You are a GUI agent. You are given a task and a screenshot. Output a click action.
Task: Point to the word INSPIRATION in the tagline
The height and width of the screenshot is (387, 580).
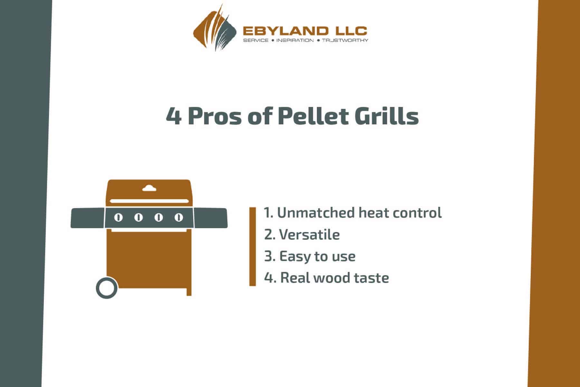coord(295,40)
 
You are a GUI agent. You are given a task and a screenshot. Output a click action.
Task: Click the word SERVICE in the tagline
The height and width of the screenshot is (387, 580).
coord(256,40)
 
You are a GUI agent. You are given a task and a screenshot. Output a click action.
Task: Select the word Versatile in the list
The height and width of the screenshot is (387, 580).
coord(309,235)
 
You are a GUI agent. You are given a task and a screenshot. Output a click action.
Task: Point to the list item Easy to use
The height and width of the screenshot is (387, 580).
coord(310,256)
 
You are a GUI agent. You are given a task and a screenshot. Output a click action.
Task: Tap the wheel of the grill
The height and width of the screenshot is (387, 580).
coord(107,288)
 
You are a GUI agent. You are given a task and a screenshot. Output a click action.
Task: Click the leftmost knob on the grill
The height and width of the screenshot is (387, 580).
coord(119,218)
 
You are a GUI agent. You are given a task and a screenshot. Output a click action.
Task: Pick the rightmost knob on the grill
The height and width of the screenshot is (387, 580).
coord(179,218)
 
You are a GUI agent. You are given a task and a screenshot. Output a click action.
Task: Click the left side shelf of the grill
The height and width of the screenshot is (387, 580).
coord(88,218)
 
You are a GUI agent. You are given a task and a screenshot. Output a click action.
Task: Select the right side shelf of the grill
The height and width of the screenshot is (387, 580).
coord(211,218)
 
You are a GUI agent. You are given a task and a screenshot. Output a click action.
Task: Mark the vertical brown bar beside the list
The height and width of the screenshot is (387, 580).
coord(252,247)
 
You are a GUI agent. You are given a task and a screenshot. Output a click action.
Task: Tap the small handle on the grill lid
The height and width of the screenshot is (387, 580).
coord(149,188)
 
